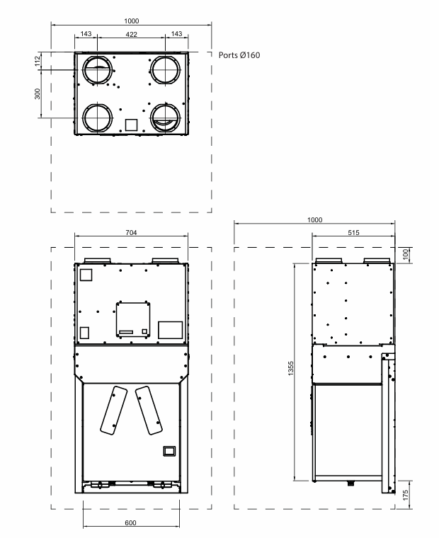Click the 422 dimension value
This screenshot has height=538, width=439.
point(132,34)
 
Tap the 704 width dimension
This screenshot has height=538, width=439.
point(131,232)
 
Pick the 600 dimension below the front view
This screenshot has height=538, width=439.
point(131,523)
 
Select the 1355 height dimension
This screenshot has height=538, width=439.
point(291,371)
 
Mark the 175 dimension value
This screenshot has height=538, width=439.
point(405,493)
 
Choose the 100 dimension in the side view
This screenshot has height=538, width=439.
point(405,254)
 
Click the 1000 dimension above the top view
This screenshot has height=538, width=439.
point(132,21)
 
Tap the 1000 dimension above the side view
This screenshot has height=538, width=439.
point(314,220)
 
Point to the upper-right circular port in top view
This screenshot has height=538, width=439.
point(164,70)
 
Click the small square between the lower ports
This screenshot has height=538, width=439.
point(131,125)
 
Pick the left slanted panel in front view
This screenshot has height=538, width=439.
point(111,410)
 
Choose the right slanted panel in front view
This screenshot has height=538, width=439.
point(147,410)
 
